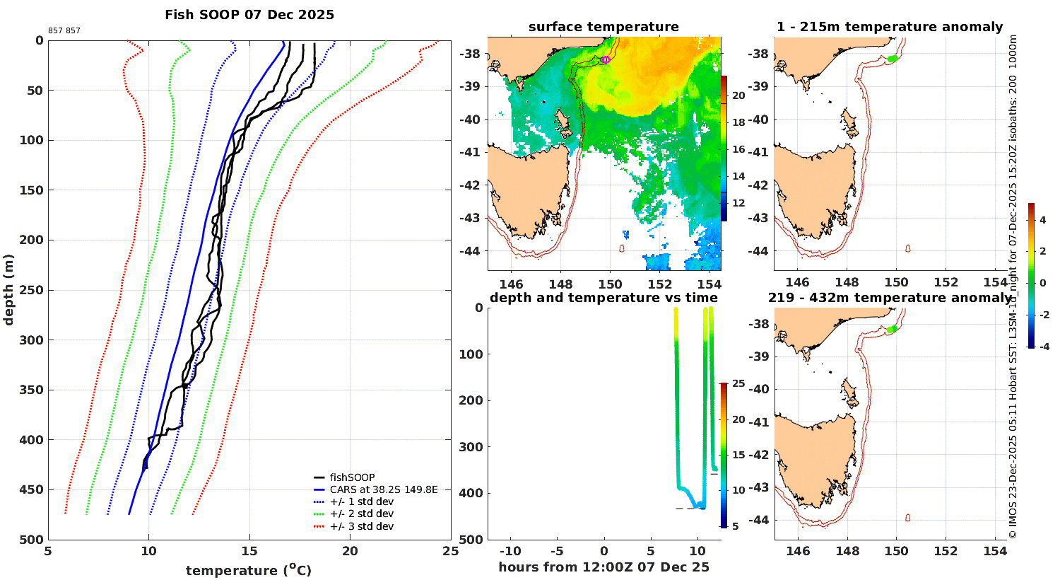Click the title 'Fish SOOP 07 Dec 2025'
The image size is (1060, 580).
(x=249, y=15)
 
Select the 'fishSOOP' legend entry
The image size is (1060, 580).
(x=352, y=477)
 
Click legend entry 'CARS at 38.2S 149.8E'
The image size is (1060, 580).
(x=383, y=489)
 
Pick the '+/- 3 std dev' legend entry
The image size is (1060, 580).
(x=361, y=526)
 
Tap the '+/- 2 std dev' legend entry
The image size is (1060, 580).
(x=361, y=514)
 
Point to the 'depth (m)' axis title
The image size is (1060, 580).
(x=8, y=289)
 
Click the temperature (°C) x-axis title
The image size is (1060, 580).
(x=249, y=570)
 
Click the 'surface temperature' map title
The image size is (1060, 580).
(x=603, y=27)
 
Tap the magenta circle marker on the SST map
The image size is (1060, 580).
(x=606, y=59)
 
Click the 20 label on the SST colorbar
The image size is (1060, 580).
(x=738, y=95)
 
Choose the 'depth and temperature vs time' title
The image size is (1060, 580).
(x=603, y=298)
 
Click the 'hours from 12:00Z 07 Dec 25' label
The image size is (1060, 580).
(x=603, y=567)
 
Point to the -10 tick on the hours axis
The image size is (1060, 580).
(x=510, y=552)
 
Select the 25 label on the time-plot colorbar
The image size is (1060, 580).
(x=738, y=384)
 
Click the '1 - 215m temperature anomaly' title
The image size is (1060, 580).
(x=889, y=27)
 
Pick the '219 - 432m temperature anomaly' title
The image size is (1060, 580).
(x=889, y=298)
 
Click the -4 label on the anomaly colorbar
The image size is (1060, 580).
(x=1043, y=347)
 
